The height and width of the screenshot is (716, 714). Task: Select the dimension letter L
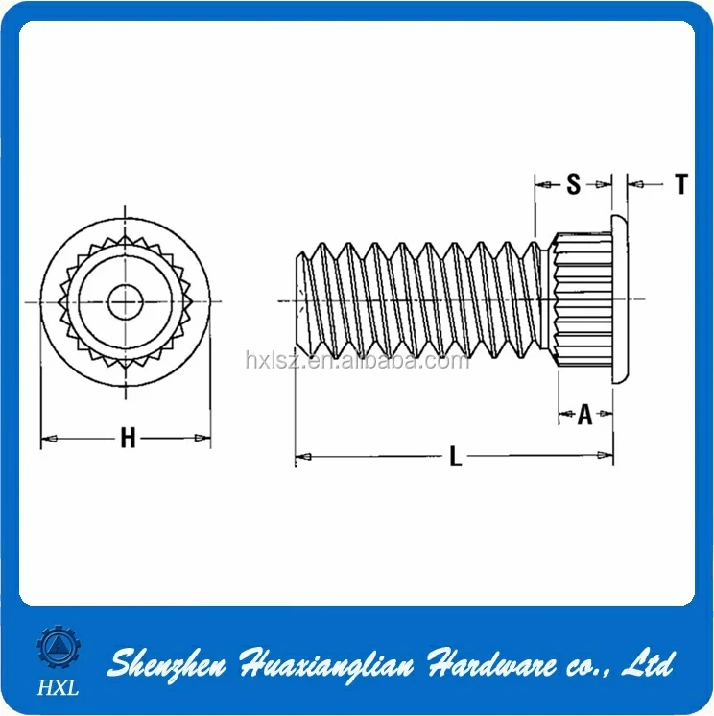[456, 458]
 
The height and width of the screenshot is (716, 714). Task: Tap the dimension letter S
[573, 184]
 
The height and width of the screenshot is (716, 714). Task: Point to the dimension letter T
[680, 184]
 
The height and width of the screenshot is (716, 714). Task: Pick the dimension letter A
[584, 415]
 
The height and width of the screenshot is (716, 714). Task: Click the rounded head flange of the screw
[620, 300]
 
